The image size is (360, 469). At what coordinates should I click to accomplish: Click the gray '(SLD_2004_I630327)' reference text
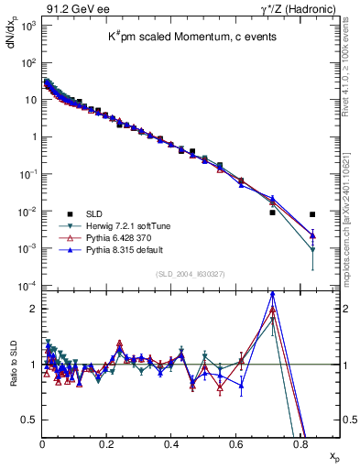coord(192,275)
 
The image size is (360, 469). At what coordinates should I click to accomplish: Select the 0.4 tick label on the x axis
coord(171,444)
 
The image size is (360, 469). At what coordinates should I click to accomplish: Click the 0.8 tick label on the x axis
coord(300,444)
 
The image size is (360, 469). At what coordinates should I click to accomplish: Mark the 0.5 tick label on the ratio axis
coord(29,420)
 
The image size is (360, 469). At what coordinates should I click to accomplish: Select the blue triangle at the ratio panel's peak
coord(272,295)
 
